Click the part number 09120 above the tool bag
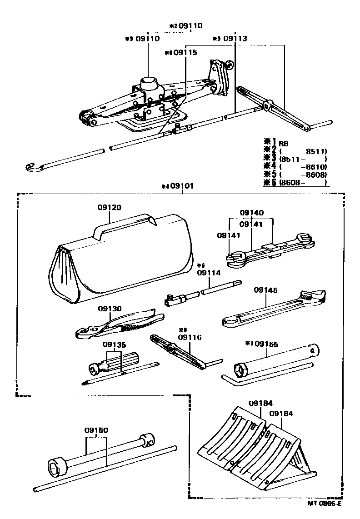point(109,207)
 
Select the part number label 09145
point(265,289)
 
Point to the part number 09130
point(110,308)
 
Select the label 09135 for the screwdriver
point(114,344)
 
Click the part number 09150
point(96,430)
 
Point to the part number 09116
point(190,337)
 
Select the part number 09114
point(209,273)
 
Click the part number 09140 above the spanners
point(251,212)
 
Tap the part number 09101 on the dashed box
point(182,186)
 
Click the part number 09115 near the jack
point(185,53)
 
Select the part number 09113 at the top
point(235,39)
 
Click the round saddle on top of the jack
point(149,82)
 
